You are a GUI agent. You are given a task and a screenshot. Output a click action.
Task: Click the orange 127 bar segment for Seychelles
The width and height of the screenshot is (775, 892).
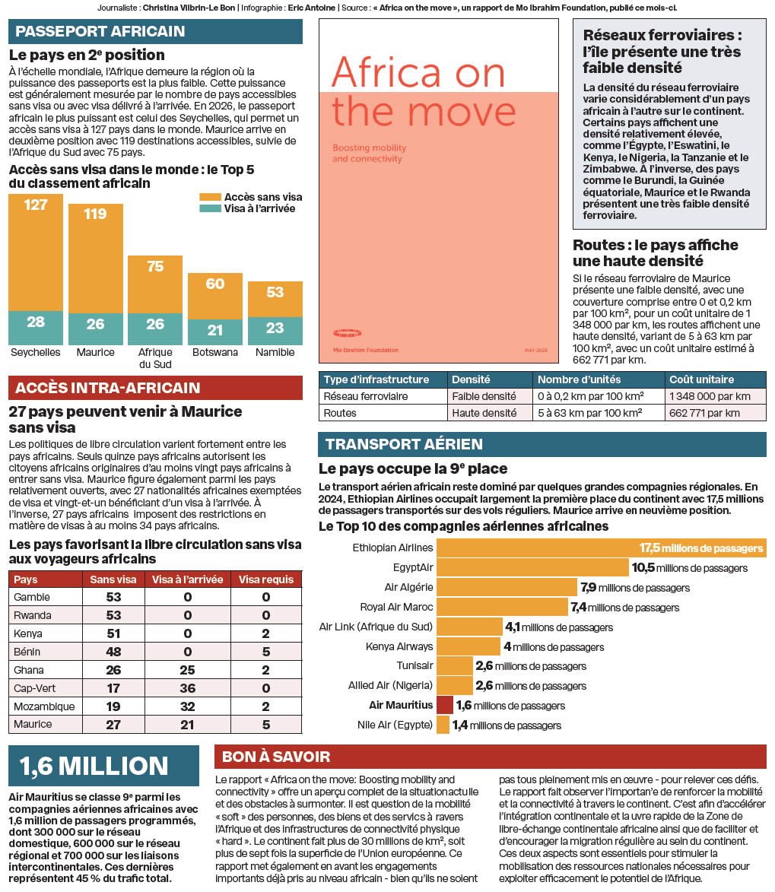point(36,252)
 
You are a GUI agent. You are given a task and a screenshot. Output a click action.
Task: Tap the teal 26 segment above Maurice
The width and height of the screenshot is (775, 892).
point(96,329)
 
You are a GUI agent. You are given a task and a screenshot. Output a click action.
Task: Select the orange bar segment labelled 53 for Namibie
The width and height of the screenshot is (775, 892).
point(275,299)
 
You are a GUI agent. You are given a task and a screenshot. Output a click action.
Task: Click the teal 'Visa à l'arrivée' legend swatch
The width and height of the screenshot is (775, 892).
point(210,209)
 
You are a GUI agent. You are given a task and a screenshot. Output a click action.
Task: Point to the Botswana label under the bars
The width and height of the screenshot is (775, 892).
point(215,352)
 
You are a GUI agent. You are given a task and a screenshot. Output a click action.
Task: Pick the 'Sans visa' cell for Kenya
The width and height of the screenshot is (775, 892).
point(114,633)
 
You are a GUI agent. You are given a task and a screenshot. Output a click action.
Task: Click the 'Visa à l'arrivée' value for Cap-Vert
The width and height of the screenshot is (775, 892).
point(188,688)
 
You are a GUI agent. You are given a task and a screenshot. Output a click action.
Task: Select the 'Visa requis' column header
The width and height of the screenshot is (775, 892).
point(266,579)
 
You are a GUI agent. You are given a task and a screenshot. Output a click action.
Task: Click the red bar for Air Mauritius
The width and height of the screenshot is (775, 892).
point(445,706)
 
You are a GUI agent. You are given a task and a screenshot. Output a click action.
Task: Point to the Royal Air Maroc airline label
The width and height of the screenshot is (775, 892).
point(396,607)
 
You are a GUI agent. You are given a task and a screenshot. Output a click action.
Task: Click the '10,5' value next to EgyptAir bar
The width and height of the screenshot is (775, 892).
point(643,568)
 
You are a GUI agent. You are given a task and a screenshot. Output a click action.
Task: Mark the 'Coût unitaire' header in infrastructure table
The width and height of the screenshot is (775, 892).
point(701,379)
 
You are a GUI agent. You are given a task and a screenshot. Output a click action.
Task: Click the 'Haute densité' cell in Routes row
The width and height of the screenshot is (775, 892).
point(484,413)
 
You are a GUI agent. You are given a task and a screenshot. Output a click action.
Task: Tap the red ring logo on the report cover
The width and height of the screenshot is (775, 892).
point(347,333)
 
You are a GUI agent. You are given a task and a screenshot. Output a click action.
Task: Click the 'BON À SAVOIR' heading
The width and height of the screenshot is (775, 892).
point(276,757)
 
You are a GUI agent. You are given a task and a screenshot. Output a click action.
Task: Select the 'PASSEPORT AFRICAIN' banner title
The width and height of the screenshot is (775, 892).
point(100,31)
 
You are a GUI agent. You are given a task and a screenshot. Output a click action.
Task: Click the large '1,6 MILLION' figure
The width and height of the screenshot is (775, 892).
point(94,766)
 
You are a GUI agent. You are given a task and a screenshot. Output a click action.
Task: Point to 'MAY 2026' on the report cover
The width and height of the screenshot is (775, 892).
point(535,351)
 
